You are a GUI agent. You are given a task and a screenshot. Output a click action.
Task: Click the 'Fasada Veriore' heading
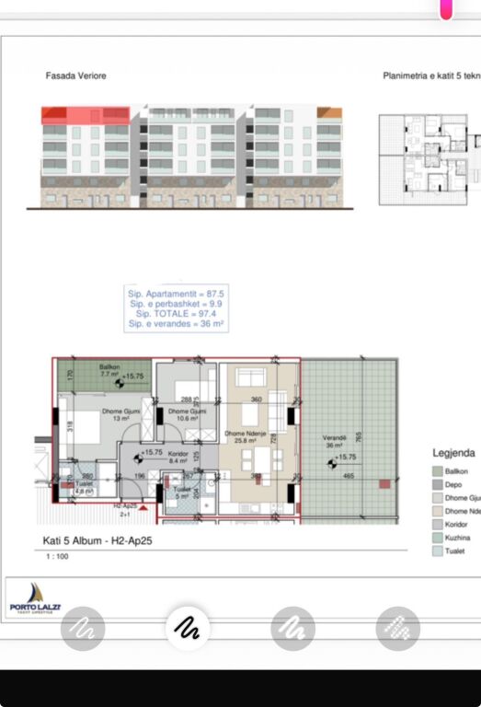click(x=75, y=75)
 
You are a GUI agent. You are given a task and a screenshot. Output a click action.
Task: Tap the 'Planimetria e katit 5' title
click(x=430, y=75)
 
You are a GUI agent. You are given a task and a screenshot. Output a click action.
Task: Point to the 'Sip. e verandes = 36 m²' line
click(x=176, y=324)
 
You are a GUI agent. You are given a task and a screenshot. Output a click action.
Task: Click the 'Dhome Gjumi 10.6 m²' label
click(x=185, y=414)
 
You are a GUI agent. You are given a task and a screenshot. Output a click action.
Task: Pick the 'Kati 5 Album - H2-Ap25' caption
click(x=97, y=541)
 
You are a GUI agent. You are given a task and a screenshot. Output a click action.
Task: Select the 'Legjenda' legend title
click(x=453, y=453)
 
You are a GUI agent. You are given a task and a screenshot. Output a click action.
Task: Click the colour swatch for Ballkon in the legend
click(x=437, y=470)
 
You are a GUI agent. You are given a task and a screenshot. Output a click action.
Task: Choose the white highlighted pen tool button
click(x=188, y=629)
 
